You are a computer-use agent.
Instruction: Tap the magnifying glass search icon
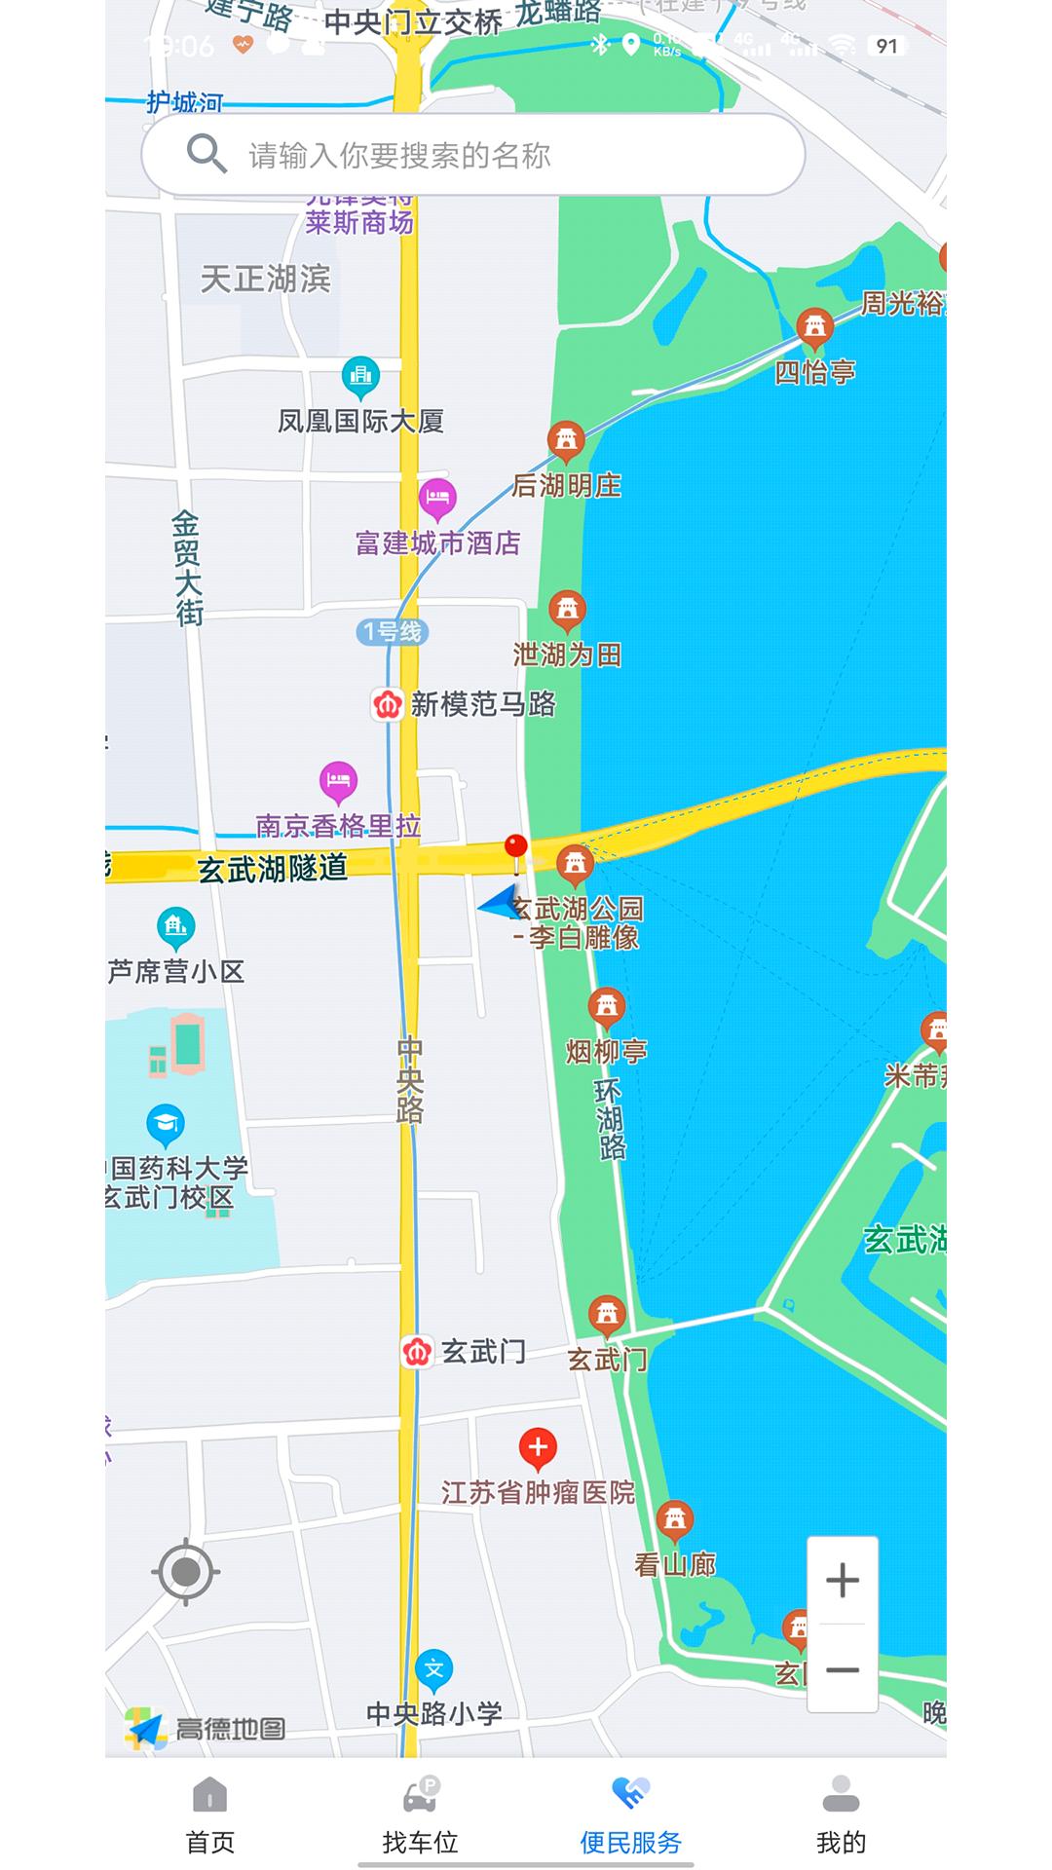[206, 154]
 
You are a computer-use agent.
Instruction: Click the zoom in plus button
[843, 1580]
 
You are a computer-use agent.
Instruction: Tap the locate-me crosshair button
[185, 1571]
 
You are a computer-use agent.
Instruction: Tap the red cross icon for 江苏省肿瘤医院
[538, 1448]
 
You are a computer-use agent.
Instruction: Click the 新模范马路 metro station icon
[388, 704]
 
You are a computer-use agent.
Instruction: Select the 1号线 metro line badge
[393, 632]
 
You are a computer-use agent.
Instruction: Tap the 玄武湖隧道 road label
[273, 868]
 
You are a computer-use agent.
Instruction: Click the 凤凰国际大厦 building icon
[360, 376]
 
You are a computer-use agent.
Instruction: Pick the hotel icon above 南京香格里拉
[338, 780]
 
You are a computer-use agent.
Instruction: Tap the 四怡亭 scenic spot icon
[814, 327]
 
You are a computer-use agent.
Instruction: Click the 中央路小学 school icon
[434, 1670]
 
